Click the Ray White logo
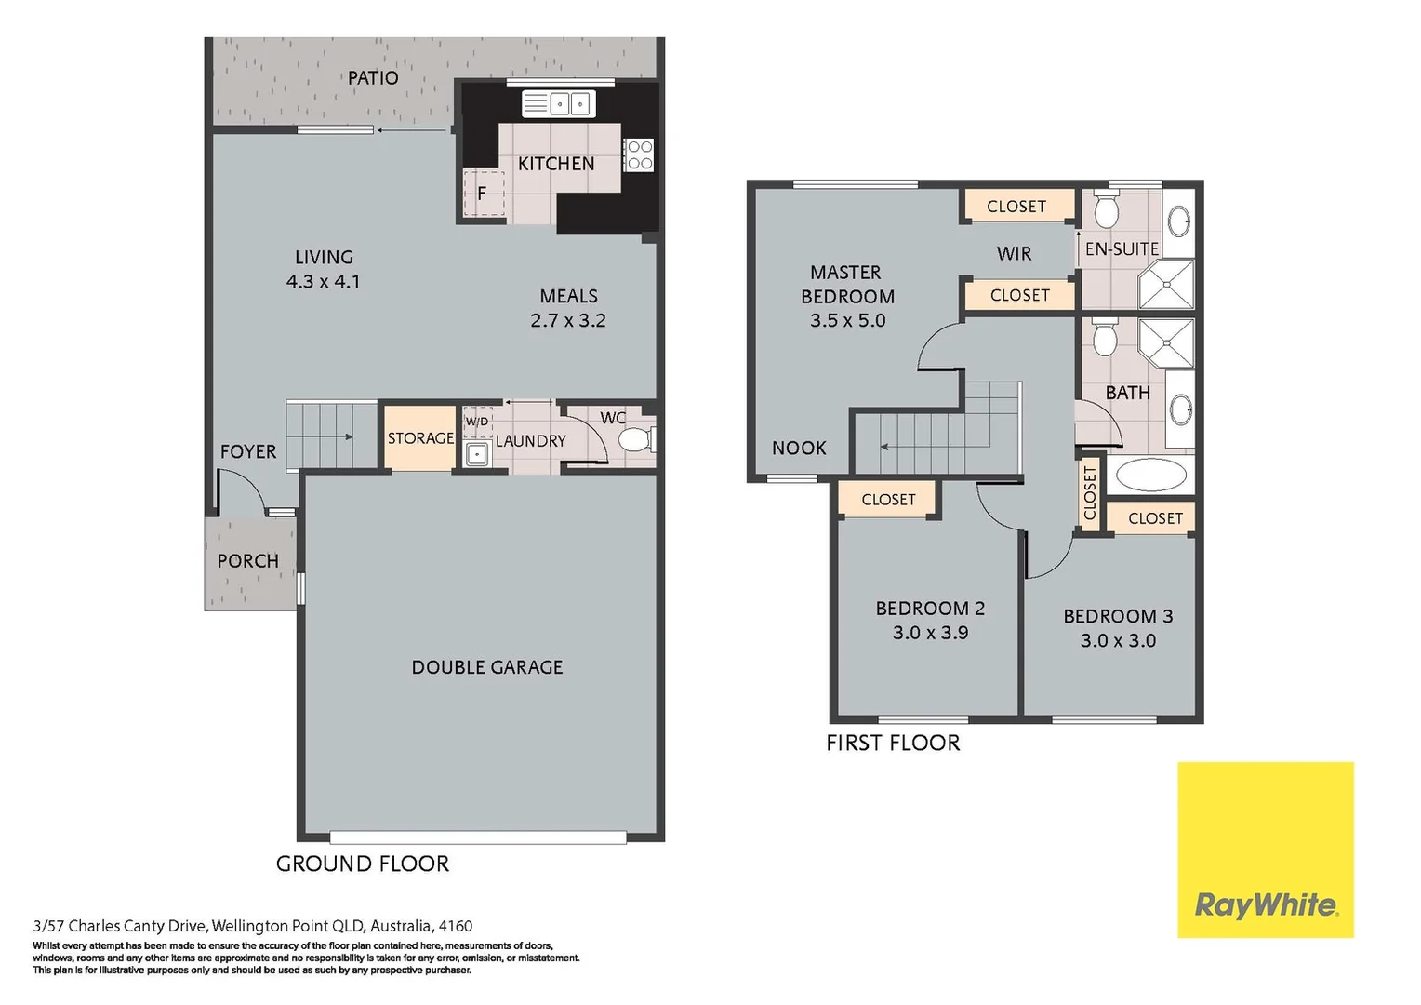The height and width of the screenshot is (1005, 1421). [x=1265, y=850]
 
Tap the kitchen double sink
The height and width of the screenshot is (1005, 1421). [x=559, y=103]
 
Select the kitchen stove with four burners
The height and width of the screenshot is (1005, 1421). [x=639, y=154]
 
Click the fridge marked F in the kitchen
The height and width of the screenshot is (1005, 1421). [x=483, y=194]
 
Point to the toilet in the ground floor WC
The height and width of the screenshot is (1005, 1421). [x=636, y=439]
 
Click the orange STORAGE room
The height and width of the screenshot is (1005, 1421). [x=420, y=437]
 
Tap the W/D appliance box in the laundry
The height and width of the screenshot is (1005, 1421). [x=477, y=422]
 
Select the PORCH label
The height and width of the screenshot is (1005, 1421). [x=247, y=561]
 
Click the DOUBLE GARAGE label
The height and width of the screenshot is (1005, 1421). [x=486, y=667]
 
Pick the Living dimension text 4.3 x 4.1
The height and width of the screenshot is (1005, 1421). [x=323, y=281]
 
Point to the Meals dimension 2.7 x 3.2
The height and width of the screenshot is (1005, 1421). [x=567, y=320]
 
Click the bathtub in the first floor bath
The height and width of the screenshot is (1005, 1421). [x=1150, y=475]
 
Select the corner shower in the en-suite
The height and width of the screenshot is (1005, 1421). [x=1166, y=285]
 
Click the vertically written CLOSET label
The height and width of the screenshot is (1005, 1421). [x=1090, y=493]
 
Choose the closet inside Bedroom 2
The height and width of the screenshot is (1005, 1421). [x=888, y=500]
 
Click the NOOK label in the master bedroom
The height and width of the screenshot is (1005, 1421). [x=799, y=449]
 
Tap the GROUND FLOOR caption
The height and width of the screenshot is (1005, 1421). [x=362, y=864]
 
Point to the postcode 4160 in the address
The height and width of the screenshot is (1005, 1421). [x=456, y=926]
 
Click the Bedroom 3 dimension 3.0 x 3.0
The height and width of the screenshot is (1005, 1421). [x=1118, y=640]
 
